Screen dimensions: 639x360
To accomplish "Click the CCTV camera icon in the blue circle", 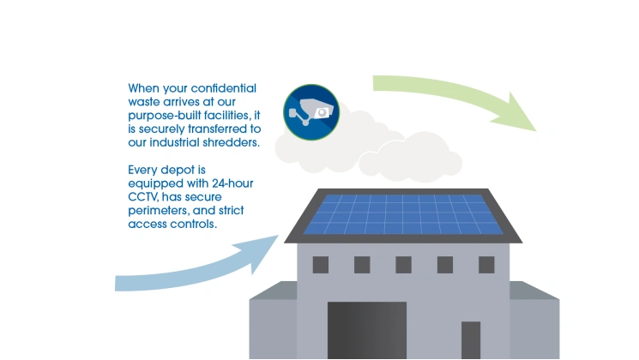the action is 311,112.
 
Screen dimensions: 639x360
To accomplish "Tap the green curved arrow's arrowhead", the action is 515,113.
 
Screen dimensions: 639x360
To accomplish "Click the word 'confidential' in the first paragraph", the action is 223,88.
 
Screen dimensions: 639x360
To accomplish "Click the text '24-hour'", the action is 232,183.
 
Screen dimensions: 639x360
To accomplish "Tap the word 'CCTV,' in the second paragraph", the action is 143,197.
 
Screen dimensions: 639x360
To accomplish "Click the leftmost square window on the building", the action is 321,265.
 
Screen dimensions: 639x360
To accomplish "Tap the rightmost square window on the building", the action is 486,265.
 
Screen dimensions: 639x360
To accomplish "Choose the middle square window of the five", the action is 403,265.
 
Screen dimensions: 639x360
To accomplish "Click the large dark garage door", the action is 367,330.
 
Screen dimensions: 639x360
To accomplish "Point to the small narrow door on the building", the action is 471,340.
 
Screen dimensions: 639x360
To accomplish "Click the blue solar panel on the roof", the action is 403,214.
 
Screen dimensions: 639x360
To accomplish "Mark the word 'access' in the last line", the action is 148,225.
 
